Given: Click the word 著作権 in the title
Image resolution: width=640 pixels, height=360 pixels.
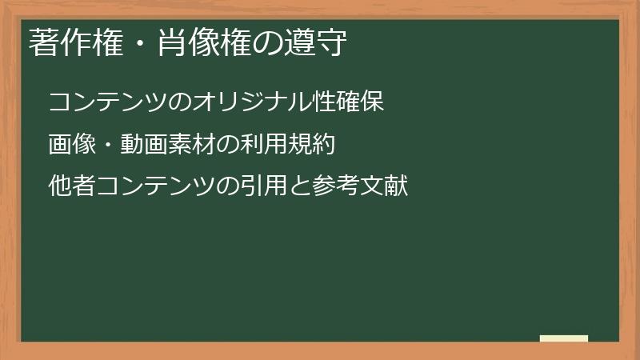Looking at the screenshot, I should point(67,43).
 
